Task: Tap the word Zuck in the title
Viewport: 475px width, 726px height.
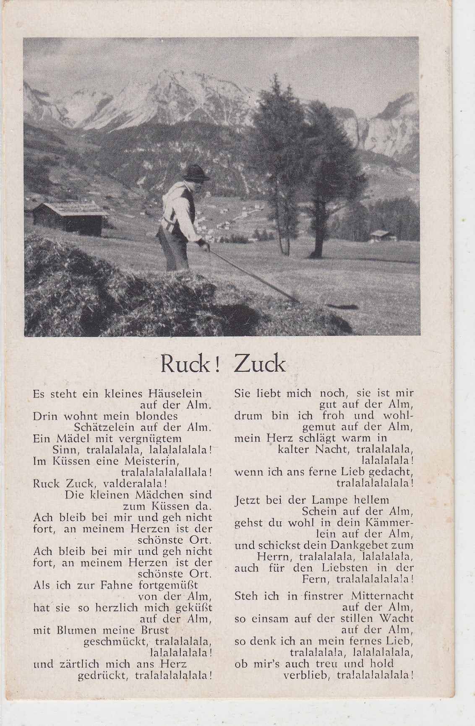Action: [259, 365]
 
